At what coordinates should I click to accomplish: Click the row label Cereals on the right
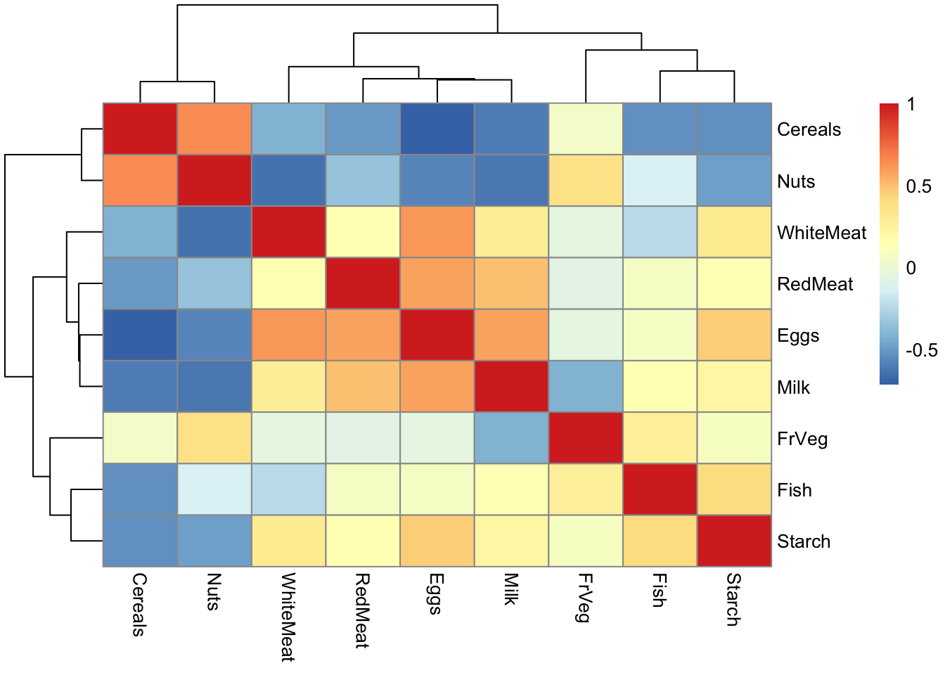point(809,129)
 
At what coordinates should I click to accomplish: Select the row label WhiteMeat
point(821,233)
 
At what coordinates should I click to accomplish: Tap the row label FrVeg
point(802,439)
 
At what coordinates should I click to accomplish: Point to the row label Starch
point(804,541)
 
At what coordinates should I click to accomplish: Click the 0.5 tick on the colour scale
point(918,186)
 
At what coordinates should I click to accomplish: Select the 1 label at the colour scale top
point(911,105)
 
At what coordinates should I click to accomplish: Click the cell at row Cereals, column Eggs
point(437,129)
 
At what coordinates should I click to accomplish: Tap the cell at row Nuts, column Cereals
point(140,181)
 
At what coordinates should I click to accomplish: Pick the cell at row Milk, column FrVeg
point(586,387)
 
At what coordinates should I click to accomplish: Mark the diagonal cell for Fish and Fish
point(660,489)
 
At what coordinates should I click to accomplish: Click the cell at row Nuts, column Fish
point(660,181)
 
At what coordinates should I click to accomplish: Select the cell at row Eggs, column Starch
point(734,335)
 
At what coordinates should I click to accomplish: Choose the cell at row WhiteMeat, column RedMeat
point(363,232)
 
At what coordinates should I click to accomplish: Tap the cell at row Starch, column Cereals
point(140,541)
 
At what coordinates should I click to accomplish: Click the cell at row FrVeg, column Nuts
point(214,438)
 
